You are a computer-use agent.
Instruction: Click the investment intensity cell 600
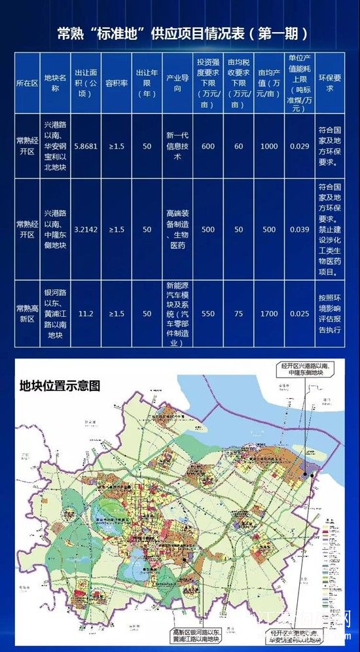(x=208, y=146)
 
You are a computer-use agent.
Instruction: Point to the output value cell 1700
(x=268, y=314)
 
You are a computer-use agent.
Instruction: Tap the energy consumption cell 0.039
(x=298, y=230)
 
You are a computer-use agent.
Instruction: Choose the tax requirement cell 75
(x=239, y=314)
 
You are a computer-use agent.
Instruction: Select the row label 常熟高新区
(x=27, y=314)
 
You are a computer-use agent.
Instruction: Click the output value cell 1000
(x=268, y=146)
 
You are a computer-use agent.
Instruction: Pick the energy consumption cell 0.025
(x=298, y=314)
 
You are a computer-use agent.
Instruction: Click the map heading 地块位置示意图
(x=60, y=386)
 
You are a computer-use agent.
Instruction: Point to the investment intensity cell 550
(x=208, y=314)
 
